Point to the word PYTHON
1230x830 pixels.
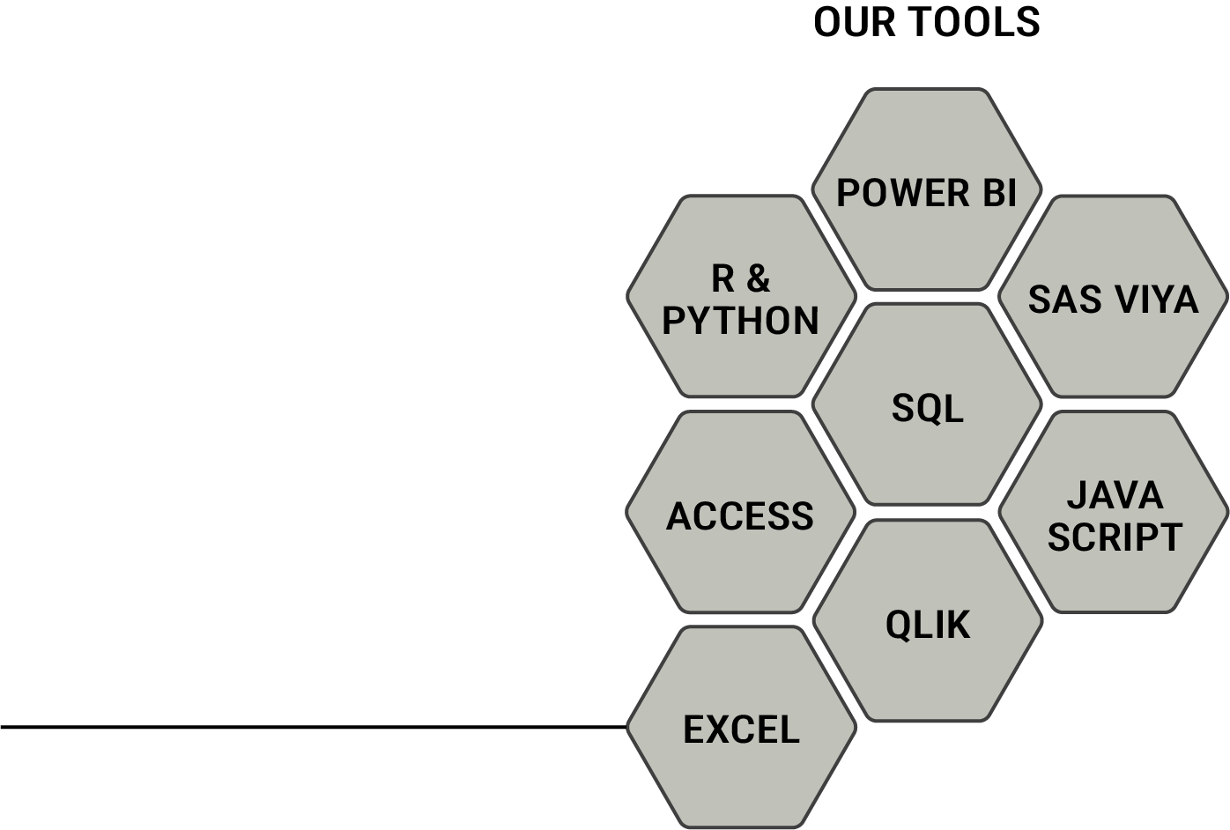[x=740, y=321]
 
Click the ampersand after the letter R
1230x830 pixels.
[x=757, y=278]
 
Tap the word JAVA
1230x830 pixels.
[x=1115, y=495]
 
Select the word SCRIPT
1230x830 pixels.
[x=1115, y=537]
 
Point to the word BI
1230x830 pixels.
[x=998, y=193]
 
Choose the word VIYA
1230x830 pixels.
[x=1155, y=300]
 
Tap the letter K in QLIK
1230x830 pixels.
[x=958, y=625]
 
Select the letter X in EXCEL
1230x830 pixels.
[x=718, y=730]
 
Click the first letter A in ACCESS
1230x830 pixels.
[x=679, y=516]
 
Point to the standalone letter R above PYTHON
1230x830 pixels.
[x=722, y=278]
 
